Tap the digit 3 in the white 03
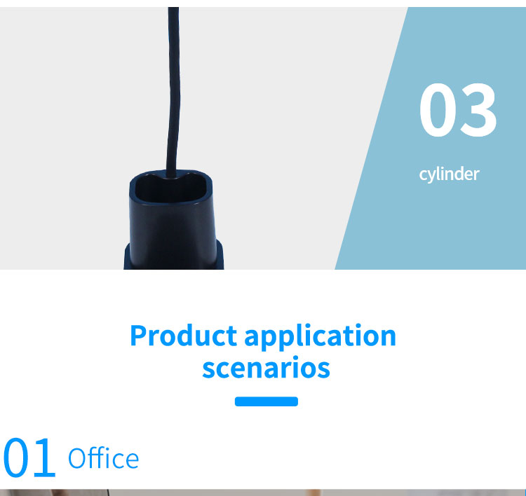point(478,110)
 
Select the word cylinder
point(449,174)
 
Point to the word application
point(321,336)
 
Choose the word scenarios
point(266,367)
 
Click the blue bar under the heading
point(267,401)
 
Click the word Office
point(103,457)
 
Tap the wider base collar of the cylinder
point(173,256)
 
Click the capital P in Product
point(138,335)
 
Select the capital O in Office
point(77,458)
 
